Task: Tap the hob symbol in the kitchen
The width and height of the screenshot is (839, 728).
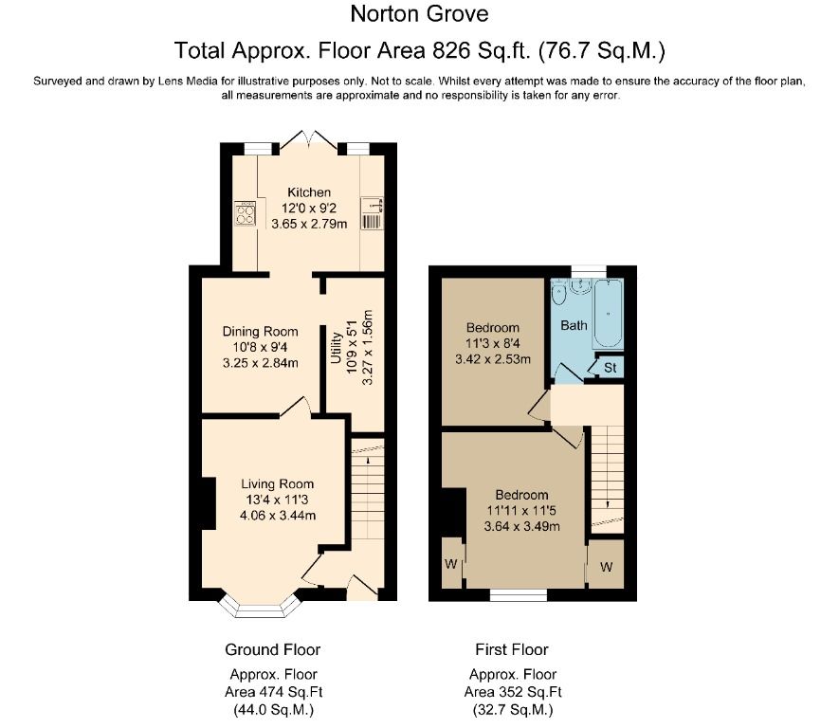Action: click(246, 213)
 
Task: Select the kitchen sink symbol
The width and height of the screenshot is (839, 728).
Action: click(372, 213)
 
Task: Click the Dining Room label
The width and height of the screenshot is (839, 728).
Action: click(260, 331)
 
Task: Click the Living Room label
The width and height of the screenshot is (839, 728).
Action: click(276, 483)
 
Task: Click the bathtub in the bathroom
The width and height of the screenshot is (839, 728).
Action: click(608, 315)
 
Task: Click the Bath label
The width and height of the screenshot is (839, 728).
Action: click(574, 325)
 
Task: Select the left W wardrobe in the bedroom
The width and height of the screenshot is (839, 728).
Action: click(450, 564)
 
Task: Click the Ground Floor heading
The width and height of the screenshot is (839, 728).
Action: click(272, 649)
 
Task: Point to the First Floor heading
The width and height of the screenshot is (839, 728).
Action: click(512, 649)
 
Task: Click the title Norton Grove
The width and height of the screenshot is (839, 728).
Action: click(420, 14)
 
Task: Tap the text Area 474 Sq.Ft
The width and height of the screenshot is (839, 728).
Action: click(272, 692)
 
